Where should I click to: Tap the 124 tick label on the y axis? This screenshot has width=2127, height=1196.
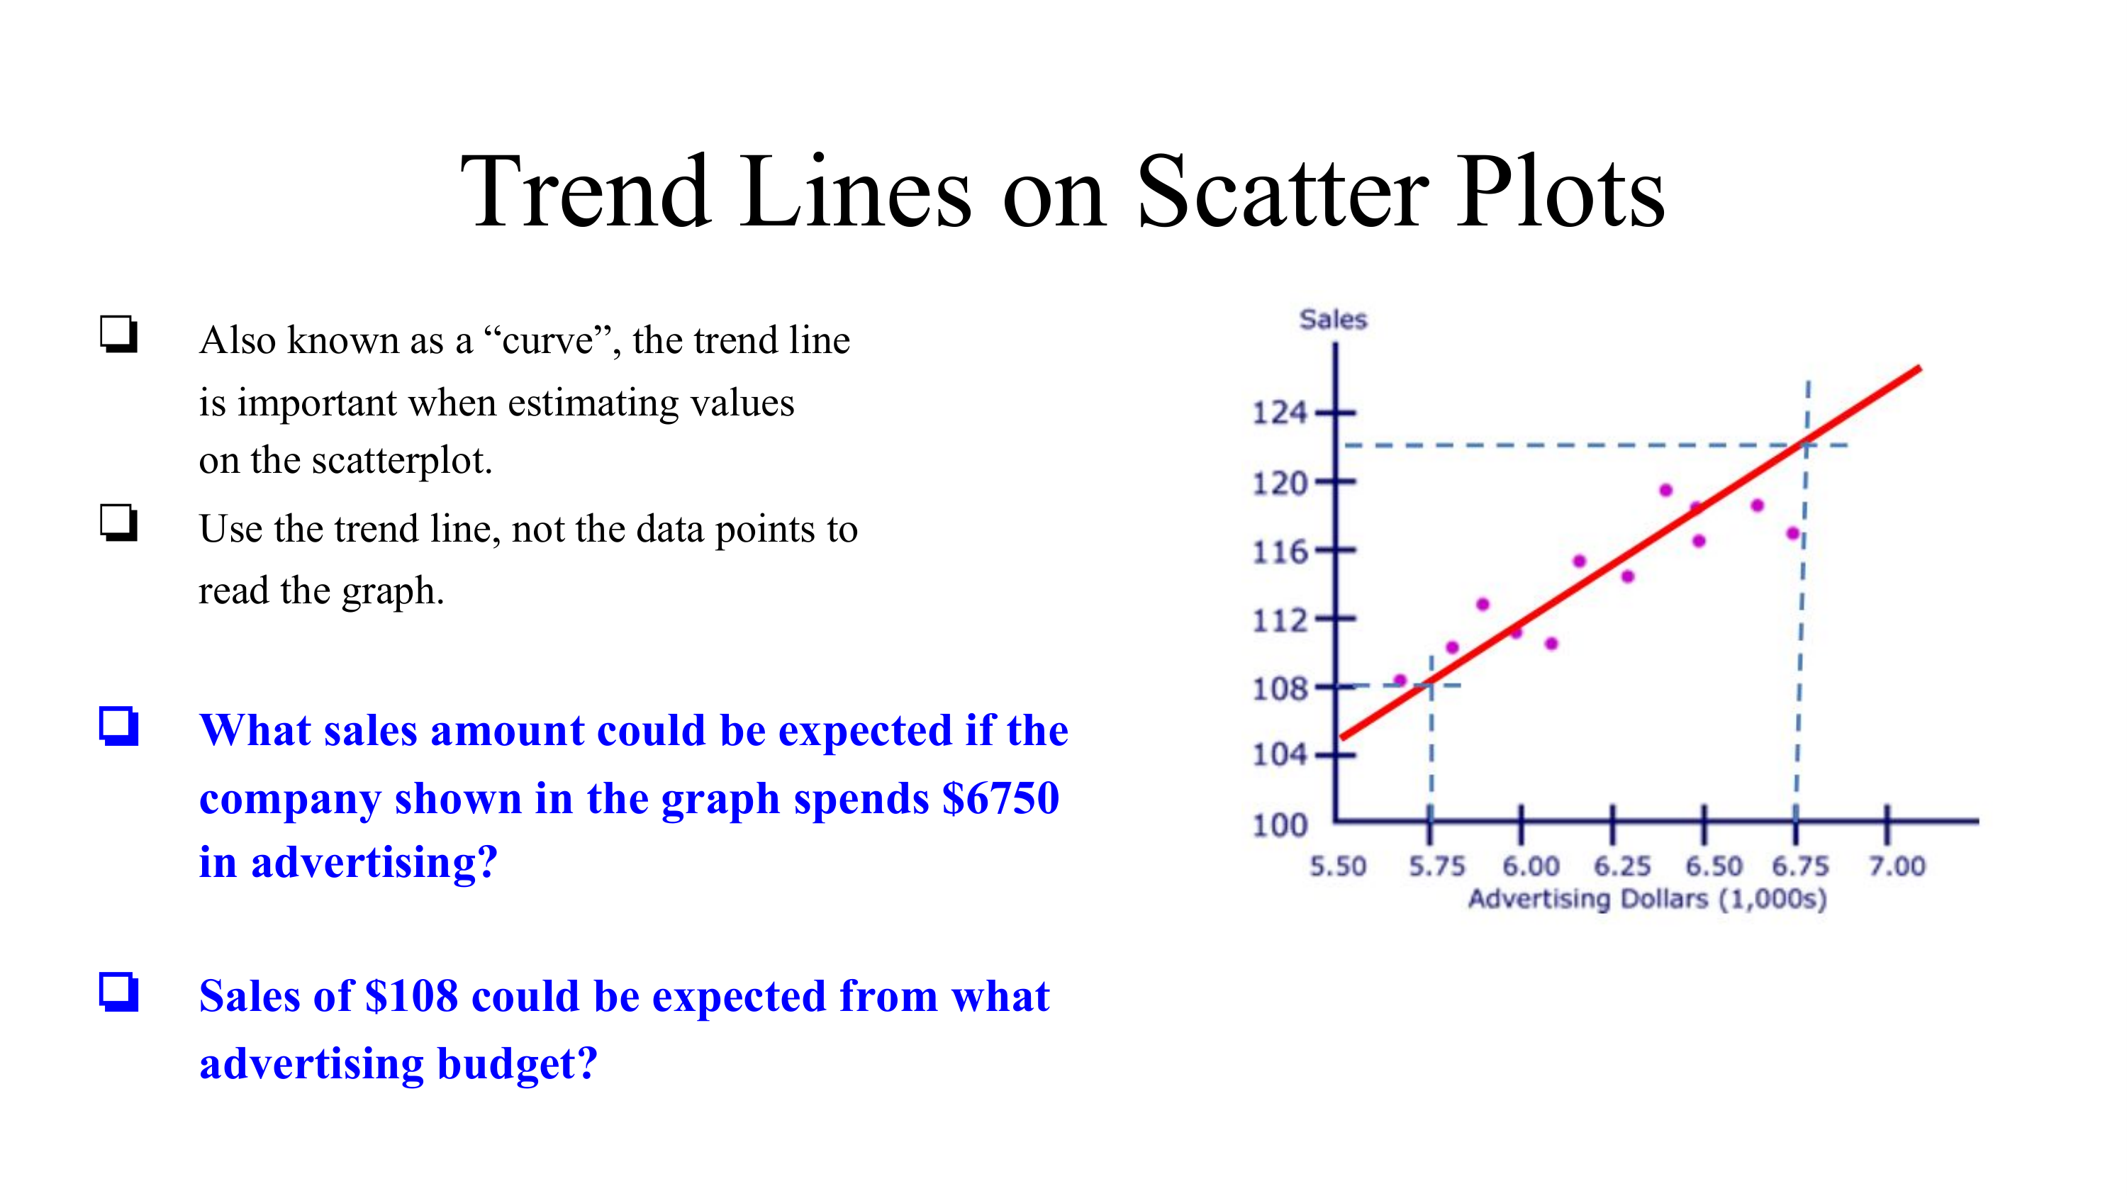click(1280, 413)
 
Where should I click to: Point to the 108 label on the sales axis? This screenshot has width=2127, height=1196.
click(1280, 688)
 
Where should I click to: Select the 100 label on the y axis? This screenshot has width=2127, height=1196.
click(1280, 825)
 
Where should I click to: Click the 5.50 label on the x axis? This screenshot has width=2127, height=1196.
click(1338, 866)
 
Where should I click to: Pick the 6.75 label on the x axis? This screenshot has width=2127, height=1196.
click(1801, 866)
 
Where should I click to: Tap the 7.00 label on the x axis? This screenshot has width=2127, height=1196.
click(1897, 866)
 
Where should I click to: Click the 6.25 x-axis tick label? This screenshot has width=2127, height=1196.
click(1621, 866)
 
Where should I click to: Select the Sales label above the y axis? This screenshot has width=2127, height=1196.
click(1334, 320)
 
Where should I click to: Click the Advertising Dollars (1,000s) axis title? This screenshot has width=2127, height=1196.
click(1647, 899)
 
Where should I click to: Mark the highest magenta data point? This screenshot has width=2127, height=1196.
click(1665, 491)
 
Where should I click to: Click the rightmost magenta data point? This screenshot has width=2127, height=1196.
click(1792, 533)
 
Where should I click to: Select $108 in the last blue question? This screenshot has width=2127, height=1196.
click(411, 996)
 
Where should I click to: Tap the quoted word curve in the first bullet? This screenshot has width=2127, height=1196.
click(547, 340)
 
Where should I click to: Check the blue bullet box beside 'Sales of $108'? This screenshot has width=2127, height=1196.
click(119, 992)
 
